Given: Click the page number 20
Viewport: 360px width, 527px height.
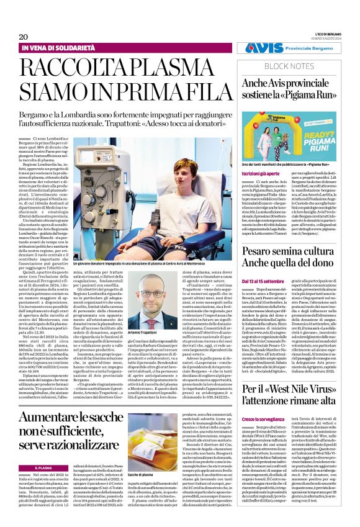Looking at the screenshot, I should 23,37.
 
